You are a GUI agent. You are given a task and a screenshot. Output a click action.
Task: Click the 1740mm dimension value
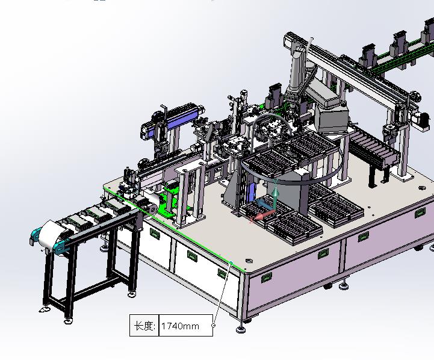point(180,326)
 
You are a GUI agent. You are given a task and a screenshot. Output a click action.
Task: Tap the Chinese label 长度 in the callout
point(144,326)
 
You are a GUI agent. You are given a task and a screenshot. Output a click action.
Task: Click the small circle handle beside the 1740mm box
point(214,326)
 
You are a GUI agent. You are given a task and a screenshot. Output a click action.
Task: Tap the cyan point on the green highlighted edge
point(231,262)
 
